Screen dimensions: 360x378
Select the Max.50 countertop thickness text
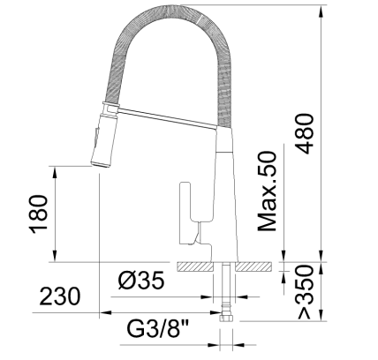pos(268,190)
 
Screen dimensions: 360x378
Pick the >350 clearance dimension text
pos(302,291)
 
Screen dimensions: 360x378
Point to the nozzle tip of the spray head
pos(99,164)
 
